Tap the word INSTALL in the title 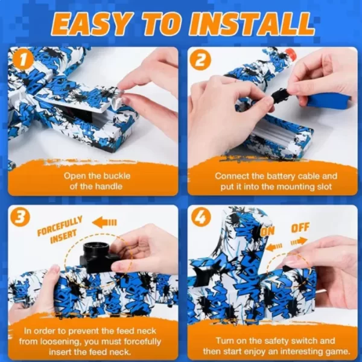(251, 24)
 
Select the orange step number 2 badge (200, 60)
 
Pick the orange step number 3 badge (21, 218)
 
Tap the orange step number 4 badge (200, 218)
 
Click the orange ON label (268, 231)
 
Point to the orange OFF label (300, 228)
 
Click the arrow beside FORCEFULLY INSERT (104, 223)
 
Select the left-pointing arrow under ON (274, 247)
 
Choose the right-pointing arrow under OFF (299, 242)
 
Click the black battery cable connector (280, 95)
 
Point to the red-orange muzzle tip (291, 54)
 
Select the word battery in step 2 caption (281, 176)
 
